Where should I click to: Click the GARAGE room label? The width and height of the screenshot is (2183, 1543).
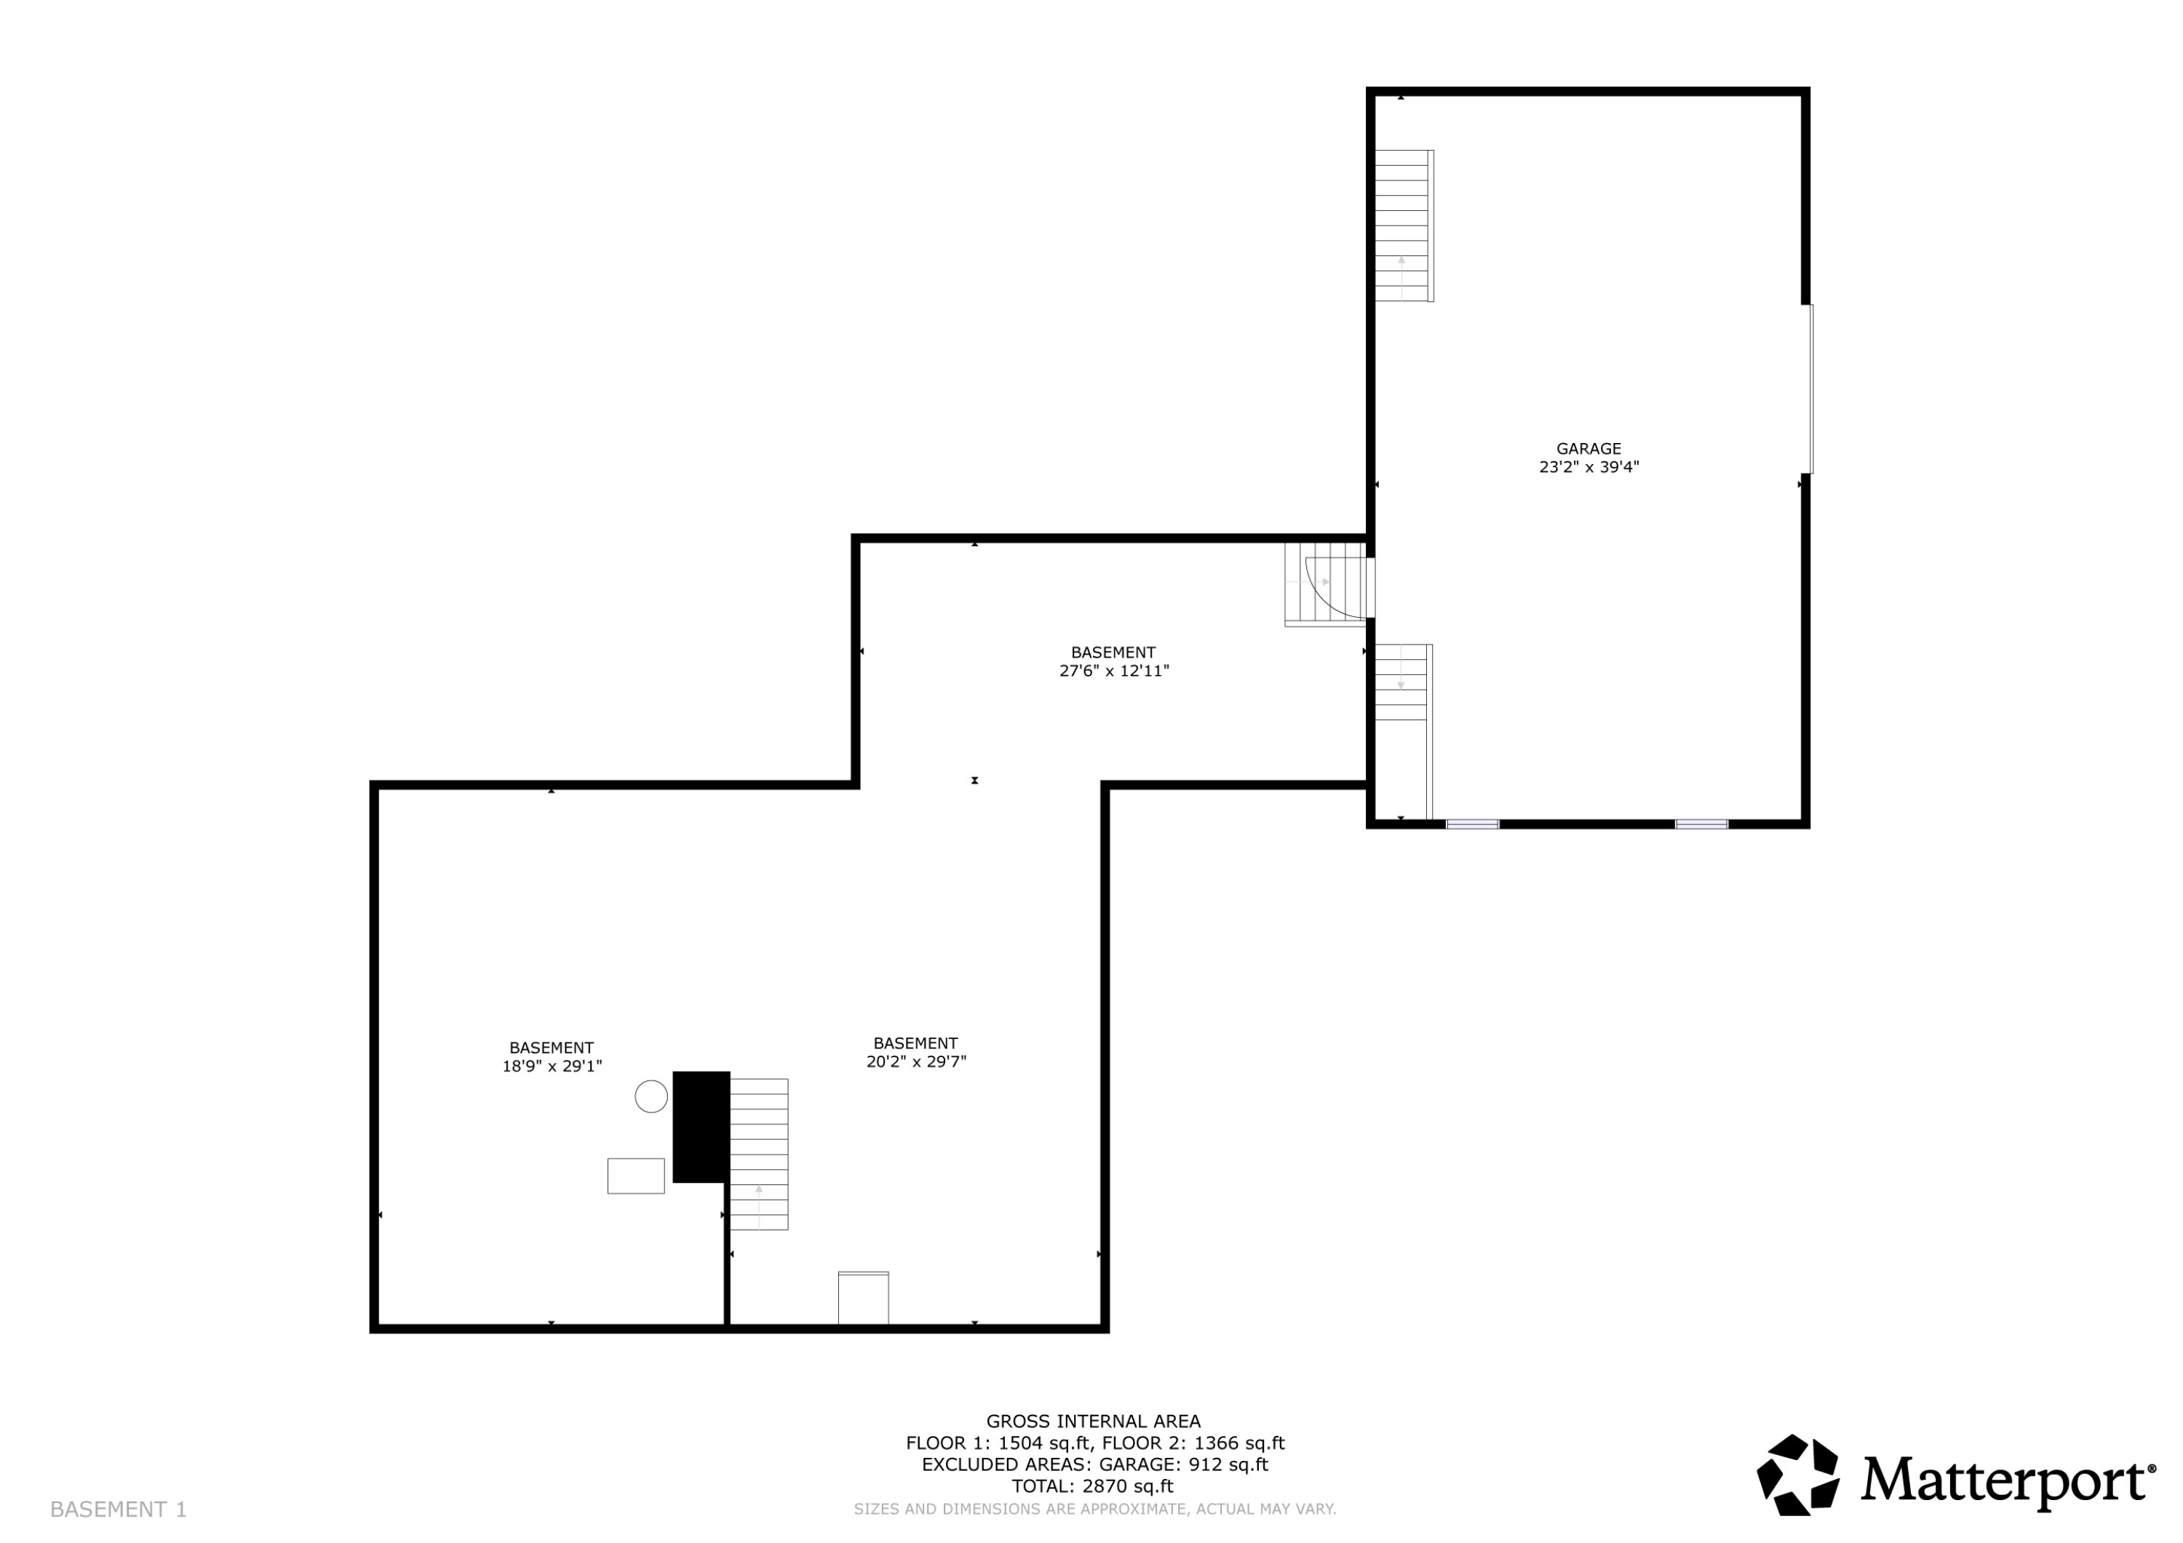(1588, 449)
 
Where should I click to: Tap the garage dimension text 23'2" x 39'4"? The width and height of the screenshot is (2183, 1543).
(1588, 467)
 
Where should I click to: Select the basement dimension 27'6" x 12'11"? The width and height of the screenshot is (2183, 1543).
(1114, 670)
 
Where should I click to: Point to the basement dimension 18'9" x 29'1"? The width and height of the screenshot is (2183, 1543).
(552, 1066)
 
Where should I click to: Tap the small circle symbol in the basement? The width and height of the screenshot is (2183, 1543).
(651, 1096)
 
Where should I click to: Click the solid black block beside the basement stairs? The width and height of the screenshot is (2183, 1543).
(701, 1127)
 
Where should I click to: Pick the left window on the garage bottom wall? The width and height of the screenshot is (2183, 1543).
(1473, 824)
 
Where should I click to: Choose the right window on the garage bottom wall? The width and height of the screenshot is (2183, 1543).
(1701, 824)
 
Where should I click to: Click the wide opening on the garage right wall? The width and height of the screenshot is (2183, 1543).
(1809, 388)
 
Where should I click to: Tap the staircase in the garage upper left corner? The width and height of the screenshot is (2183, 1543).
(1404, 226)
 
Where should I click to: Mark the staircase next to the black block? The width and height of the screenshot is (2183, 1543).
(759, 1155)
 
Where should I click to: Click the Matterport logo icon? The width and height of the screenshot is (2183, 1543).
(1798, 1475)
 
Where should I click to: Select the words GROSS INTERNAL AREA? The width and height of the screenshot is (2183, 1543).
(1094, 1422)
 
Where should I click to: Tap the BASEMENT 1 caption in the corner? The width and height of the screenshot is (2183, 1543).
(119, 1510)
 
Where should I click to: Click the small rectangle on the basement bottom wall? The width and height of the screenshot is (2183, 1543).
(863, 1298)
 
